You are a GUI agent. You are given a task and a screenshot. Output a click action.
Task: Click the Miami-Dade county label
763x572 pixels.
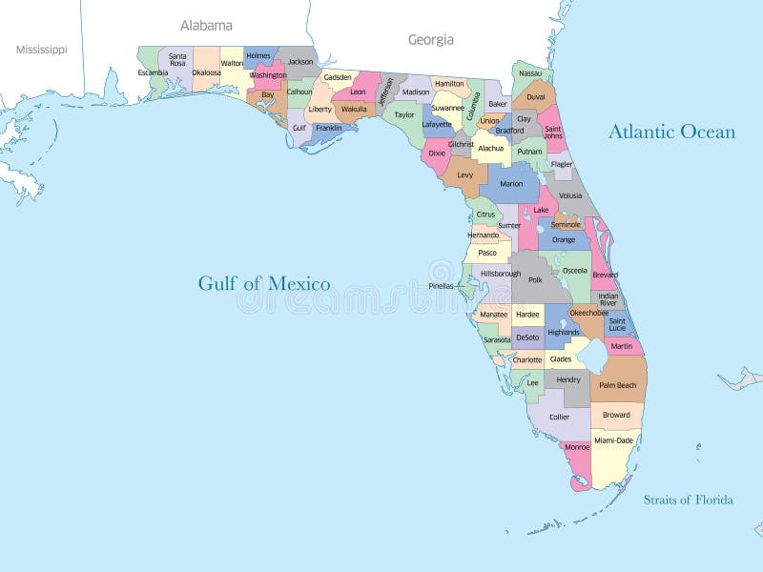click(613, 440)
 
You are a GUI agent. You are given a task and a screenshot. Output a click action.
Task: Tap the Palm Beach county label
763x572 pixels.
click(617, 385)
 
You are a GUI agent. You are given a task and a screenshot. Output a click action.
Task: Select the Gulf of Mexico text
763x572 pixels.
click(264, 283)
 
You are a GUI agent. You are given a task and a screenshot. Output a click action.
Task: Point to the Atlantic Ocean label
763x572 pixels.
click(671, 132)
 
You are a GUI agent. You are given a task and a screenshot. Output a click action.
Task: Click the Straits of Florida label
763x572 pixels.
click(688, 500)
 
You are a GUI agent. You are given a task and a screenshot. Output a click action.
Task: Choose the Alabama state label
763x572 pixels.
click(206, 26)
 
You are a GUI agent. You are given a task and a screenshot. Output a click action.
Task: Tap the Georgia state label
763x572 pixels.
click(431, 40)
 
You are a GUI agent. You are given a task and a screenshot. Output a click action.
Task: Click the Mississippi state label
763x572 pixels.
click(41, 49)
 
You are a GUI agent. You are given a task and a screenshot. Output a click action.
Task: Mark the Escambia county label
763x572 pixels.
click(153, 72)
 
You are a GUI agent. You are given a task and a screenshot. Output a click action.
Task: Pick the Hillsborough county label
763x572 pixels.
click(501, 274)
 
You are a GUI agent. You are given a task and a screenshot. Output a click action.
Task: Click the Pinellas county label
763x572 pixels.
click(441, 285)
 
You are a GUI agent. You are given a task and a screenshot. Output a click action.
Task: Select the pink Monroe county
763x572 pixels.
click(576, 448)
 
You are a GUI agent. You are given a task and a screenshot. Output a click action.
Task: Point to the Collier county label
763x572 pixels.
click(559, 417)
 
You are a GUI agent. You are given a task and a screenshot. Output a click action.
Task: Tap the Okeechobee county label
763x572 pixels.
click(588, 312)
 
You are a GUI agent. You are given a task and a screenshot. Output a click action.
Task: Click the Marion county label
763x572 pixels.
click(511, 183)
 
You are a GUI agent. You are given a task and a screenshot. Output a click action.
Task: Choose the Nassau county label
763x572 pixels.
click(530, 73)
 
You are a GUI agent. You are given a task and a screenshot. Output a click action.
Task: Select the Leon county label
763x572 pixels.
click(358, 92)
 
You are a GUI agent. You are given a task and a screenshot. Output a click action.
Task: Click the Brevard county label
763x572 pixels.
click(605, 275)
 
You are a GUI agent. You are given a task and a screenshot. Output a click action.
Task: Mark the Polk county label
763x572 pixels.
click(535, 279)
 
